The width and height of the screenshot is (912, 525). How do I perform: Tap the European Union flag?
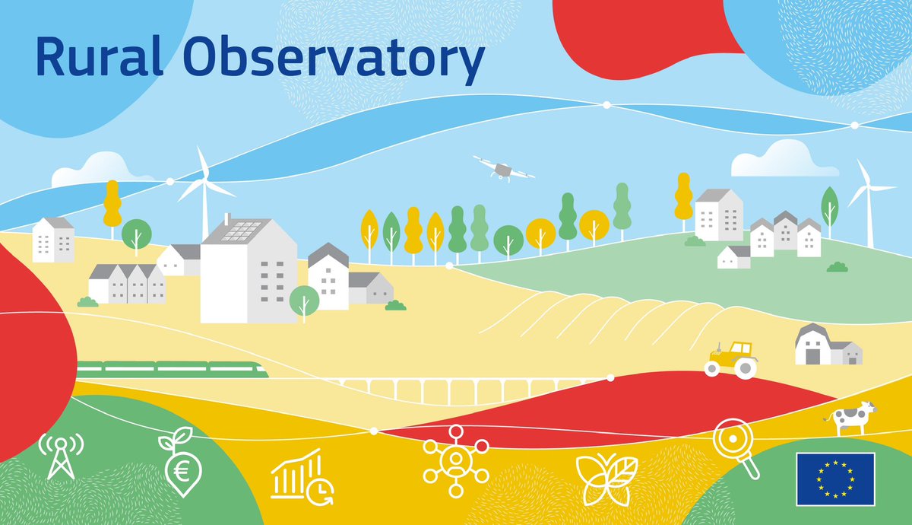pos(835,479)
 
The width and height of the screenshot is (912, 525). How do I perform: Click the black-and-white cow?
pos(851,418)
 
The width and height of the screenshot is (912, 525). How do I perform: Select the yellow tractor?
pos(731,359)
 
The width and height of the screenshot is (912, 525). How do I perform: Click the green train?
pos(172,369)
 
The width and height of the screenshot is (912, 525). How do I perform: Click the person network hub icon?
pos(454,460)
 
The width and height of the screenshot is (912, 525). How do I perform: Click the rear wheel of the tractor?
pos(745,368)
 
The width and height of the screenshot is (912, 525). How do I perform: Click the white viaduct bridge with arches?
pos(456,390)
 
